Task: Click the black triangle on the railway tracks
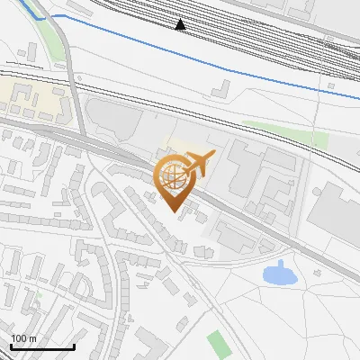[181, 25]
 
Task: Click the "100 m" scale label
[23, 338]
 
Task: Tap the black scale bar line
[42, 346]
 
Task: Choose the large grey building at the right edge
[337, 216]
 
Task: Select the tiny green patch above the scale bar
[40, 294]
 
